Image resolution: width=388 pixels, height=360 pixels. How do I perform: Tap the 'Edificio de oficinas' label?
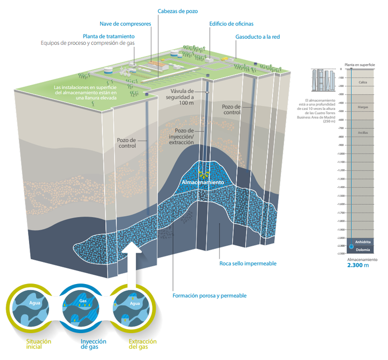click(x=231, y=24)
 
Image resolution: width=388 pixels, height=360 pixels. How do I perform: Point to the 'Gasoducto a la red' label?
click(x=258, y=37)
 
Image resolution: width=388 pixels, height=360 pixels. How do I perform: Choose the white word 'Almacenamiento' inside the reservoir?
click(x=203, y=182)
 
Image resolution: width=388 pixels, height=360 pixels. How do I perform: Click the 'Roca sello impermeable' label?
click(x=248, y=264)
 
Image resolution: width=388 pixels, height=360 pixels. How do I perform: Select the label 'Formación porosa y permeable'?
click(x=209, y=295)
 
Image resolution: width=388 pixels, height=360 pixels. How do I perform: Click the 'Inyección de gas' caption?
click(x=93, y=344)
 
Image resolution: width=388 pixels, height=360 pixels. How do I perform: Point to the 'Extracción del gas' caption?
click(x=142, y=344)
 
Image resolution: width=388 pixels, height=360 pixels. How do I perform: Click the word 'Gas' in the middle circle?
click(x=82, y=300)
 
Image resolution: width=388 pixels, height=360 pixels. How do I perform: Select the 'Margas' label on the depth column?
click(x=363, y=107)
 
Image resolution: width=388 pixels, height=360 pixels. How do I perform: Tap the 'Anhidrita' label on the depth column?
click(x=363, y=242)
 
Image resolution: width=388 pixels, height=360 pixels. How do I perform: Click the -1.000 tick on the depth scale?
click(x=339, y=154)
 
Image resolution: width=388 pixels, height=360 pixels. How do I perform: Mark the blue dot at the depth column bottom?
click(x=351, y=246)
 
